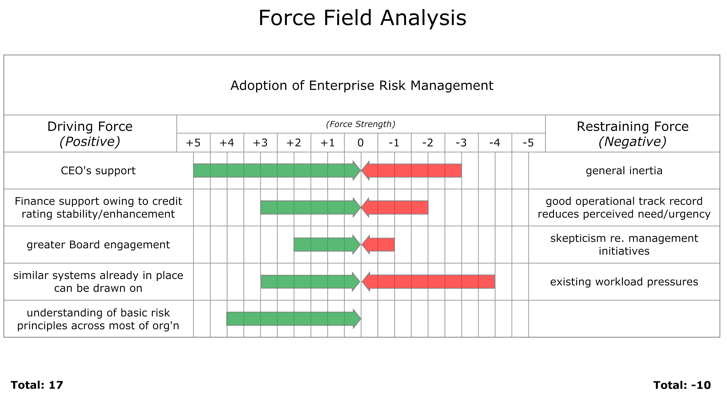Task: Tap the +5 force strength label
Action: tap(193, 143)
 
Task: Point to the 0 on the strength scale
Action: tap(361, 143)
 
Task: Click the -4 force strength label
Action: tap(495, 143)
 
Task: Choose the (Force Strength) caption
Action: tap(361, 124)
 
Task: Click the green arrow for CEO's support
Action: tap(277, 171)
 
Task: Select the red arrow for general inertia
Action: tap(412, 171)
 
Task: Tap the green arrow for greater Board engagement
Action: tap(327, 245)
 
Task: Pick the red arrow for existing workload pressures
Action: tap(428, 282)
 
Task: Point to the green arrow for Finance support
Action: tap(311, 208)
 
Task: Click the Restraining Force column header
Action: tap(632, 134)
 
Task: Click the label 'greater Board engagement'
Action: tap(98, 245)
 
